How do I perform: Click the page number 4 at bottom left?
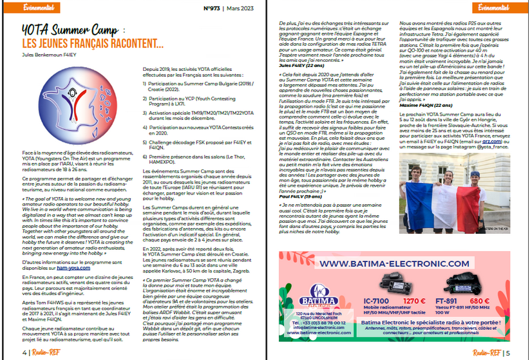(x=24, y=352)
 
